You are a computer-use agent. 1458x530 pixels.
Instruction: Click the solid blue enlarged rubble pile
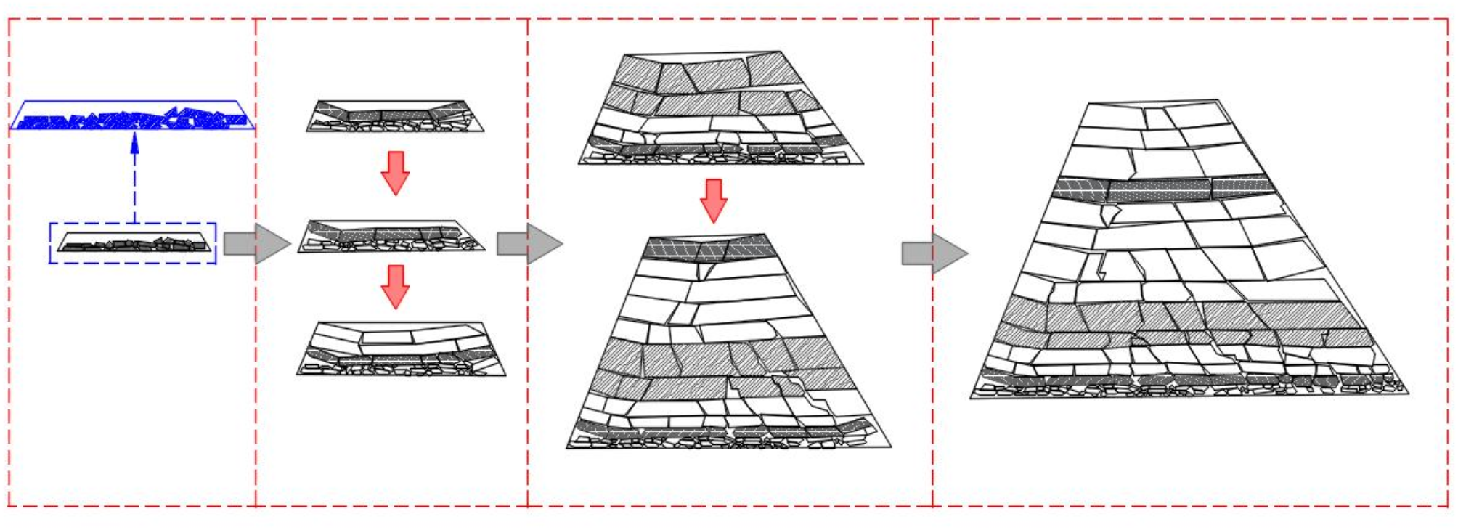tap(133, 118)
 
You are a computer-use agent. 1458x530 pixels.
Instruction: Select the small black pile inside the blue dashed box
tap(134, 244)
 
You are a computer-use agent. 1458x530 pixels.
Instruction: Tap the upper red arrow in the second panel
tap(396, 173)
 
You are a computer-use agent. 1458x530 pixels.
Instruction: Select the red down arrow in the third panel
tap(714, 200)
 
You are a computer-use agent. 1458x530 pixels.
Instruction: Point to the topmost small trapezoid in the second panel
tap(395, 116)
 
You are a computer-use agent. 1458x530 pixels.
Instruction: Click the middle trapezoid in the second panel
tap(392, 236)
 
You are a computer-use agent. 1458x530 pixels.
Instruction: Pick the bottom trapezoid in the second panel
tap(401, 349)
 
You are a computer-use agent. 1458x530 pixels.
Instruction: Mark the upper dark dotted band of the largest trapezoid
tap(1162, 189)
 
